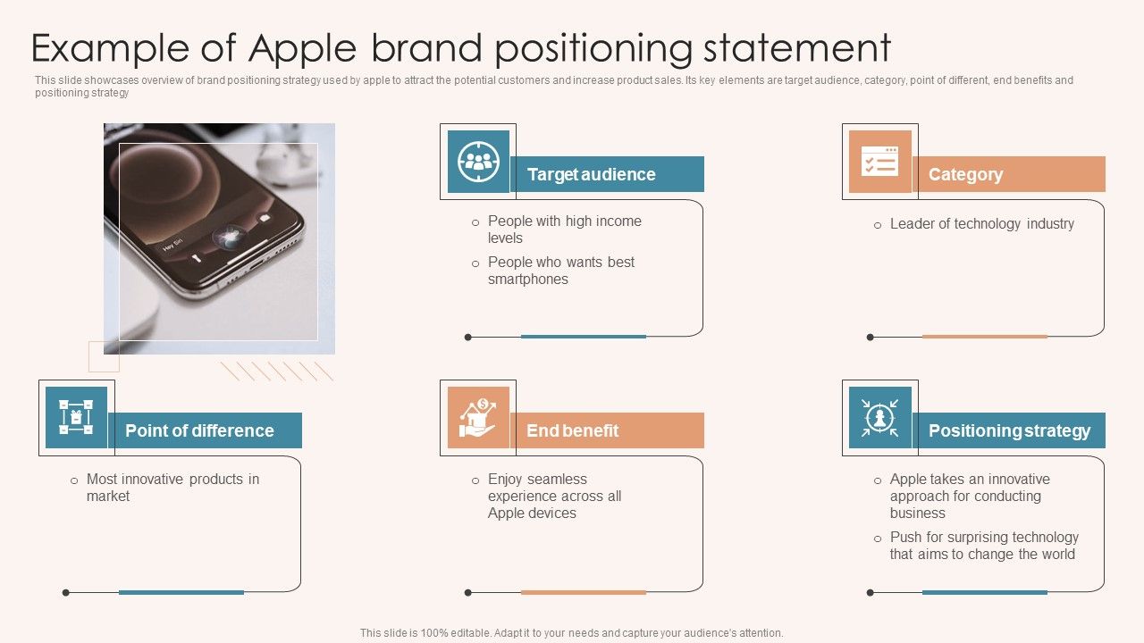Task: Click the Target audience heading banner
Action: point(607,174)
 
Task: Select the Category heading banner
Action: point(1008,174)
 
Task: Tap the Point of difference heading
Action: point(205,430)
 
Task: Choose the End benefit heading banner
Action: point(607,430)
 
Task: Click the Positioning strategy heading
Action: point(1009,430)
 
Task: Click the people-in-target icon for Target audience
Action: point(478,162)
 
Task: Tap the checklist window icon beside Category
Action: point(879,162)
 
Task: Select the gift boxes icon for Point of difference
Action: point(76,418)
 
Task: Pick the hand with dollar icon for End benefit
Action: point(478,418)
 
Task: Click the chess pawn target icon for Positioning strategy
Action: point(879,418)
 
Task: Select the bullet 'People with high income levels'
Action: point(564,230)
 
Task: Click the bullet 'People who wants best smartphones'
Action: point(560,271)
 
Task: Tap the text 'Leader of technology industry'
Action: point(981,224)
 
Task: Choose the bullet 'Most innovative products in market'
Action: point(172,488)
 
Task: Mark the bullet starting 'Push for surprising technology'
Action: point(983,546)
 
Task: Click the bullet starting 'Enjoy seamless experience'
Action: point(554,496)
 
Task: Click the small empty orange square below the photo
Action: point(104,356)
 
